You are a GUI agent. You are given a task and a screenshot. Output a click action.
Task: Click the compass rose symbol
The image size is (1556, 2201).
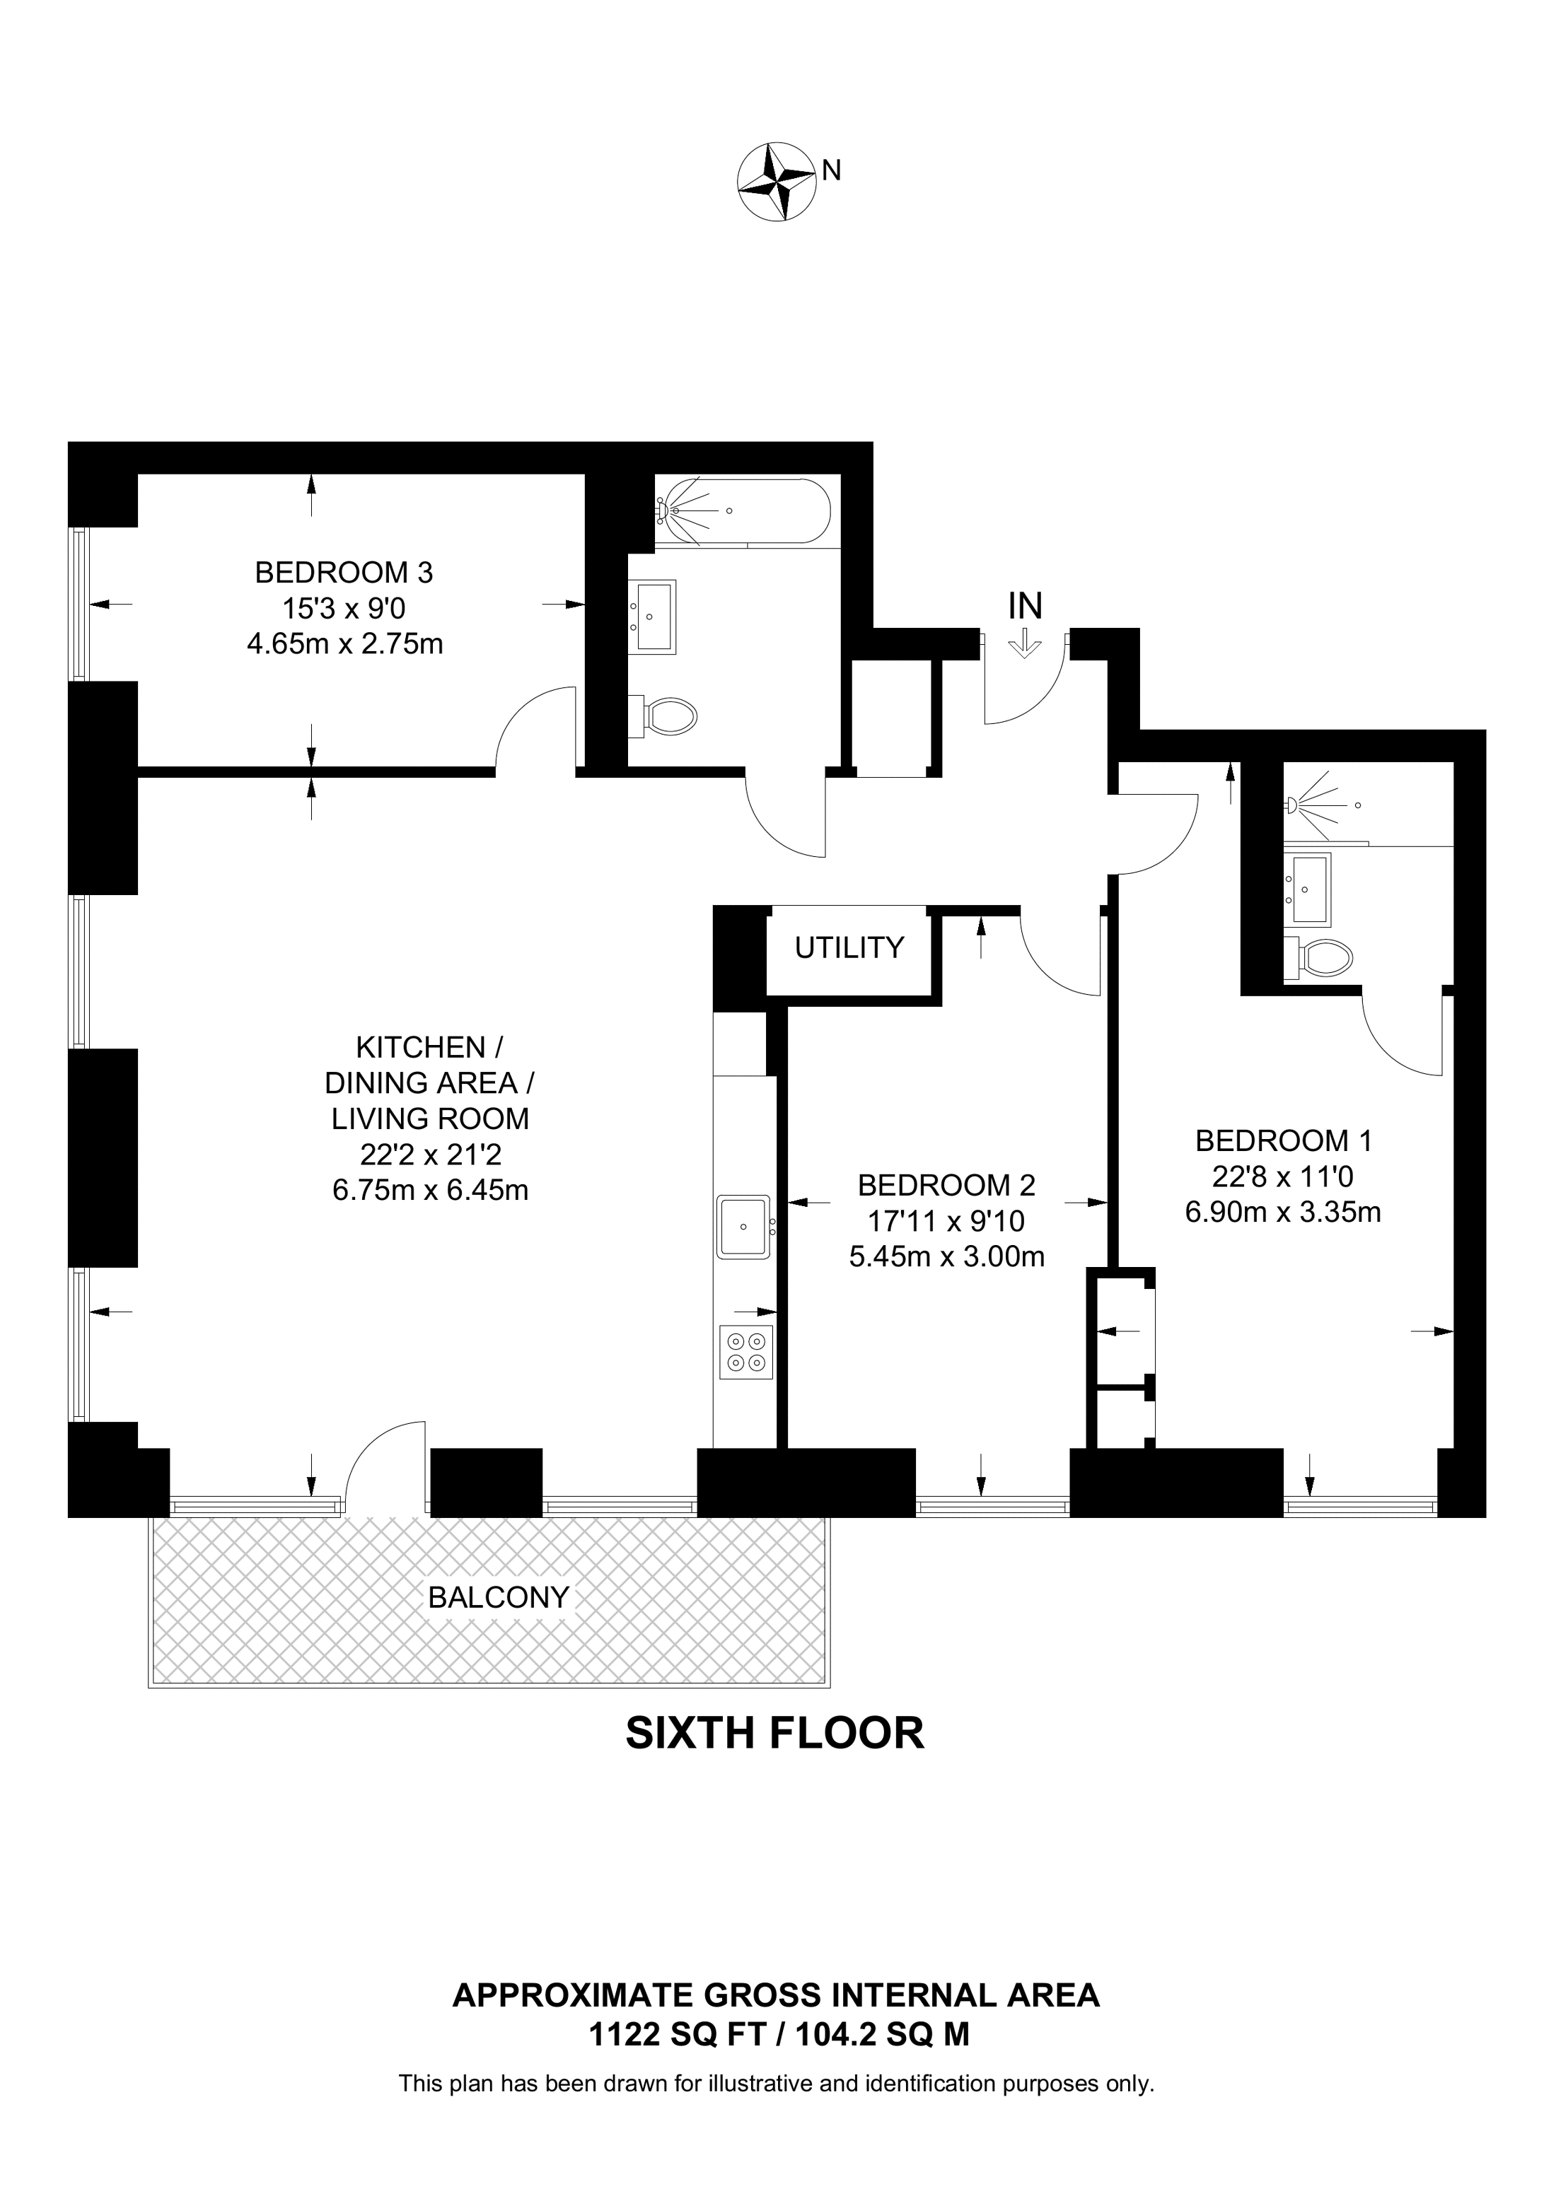(776, 182)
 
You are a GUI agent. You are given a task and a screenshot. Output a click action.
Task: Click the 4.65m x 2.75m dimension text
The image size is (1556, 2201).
(344, 643)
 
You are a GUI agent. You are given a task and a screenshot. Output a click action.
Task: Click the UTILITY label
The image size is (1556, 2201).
(849, 947)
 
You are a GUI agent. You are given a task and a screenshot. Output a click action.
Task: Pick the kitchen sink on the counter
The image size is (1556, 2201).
(744, 1226)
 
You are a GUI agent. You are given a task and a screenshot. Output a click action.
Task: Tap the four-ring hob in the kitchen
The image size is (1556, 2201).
(746, 1352)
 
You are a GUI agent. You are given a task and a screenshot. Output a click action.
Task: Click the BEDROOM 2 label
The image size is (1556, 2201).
(946, 1186)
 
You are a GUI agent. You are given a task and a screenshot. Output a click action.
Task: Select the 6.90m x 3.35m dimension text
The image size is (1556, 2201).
(1283, 1213)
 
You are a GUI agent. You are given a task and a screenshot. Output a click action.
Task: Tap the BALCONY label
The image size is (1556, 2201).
(499, 1597)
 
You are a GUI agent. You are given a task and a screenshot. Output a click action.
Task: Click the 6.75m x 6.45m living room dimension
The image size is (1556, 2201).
(431, 1191)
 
